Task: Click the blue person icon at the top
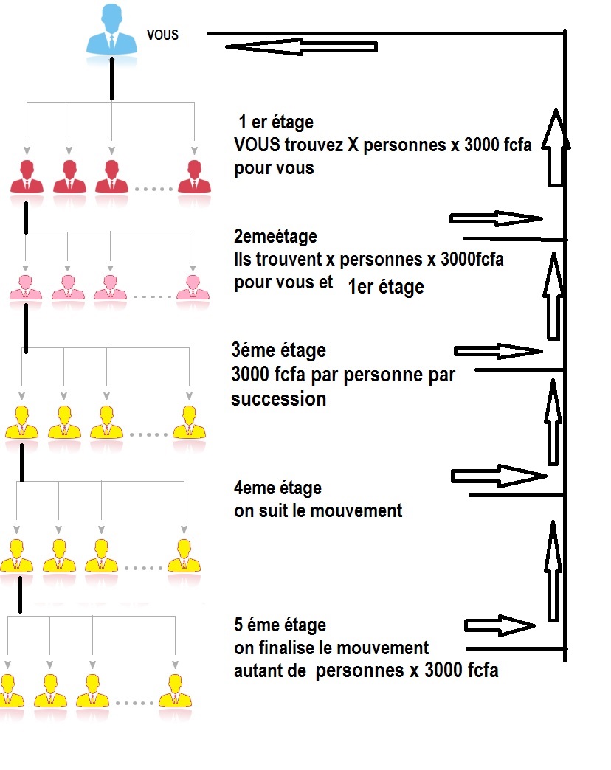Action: (111, 30)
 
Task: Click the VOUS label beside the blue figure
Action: (162, 35)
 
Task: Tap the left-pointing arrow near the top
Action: (301, 47)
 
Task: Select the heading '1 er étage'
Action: (275, 122)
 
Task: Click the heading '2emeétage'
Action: (275, 236)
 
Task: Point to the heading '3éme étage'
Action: (278, 350)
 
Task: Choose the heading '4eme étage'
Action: (277, 488)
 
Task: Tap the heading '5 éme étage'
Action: (280, 625)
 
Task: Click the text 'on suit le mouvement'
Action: (318, 510)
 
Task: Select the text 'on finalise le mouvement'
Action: (331, 648)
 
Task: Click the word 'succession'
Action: (278, 399)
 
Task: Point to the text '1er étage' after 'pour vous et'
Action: (386, 287)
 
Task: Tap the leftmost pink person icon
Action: (26, 288)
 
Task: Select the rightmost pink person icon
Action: (193, 288)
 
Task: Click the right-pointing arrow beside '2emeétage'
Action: (496, 218)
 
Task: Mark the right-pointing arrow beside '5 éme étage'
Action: (500, 625)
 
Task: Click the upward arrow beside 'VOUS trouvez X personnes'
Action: (556, 148)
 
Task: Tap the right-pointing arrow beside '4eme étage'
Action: (499, 476)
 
